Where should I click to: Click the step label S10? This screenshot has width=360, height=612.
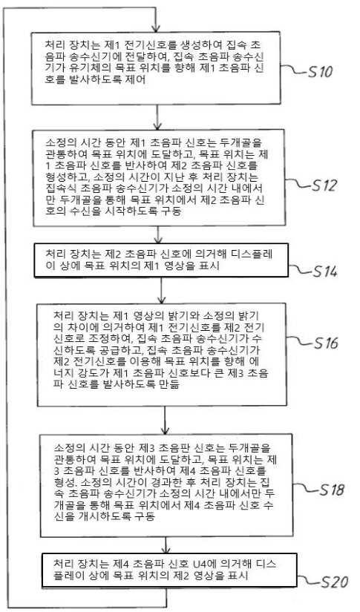(320, 72)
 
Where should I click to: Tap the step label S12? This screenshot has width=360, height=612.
(324, 185)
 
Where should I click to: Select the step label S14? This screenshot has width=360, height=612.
(324, 272)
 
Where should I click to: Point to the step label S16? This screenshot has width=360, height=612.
(325, 343)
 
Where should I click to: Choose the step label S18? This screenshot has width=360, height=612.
(332, 490)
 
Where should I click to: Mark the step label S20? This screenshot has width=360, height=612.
(334, 582)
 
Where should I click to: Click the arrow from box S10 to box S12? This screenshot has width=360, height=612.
(157, 117)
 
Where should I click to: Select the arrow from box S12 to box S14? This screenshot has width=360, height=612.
(158, 234)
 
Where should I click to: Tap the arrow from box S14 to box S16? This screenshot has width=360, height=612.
(161, 290)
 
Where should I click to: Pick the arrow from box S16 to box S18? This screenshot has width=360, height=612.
(166, 420)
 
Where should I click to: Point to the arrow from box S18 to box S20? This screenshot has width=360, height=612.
(166, 545)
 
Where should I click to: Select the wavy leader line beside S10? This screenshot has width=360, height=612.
(294, 69)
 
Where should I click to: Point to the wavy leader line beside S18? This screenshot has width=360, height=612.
(306, 487)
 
